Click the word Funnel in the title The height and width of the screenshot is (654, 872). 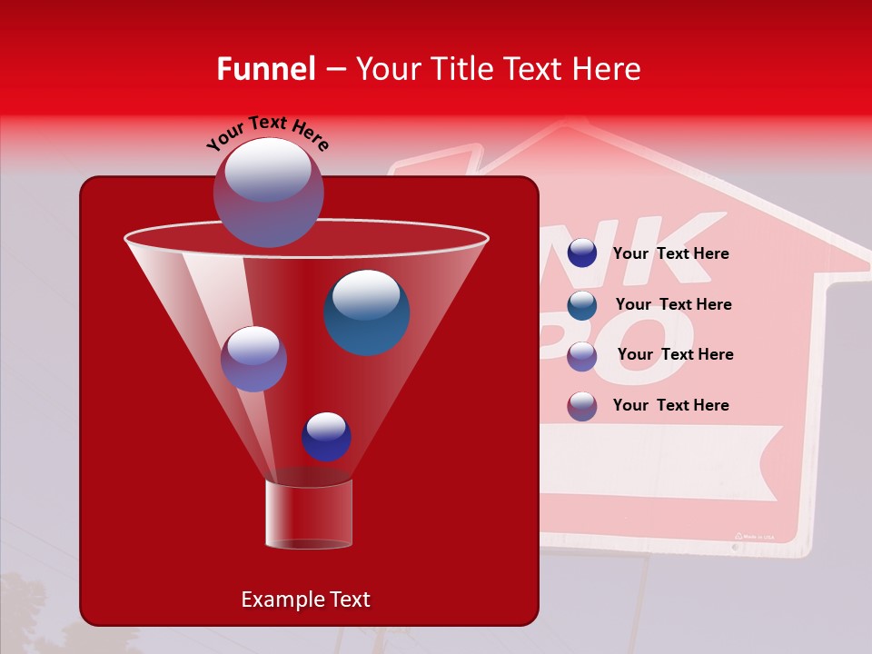(266, 69)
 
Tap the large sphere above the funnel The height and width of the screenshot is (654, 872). (268, 192)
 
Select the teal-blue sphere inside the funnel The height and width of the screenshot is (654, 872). (366, 312)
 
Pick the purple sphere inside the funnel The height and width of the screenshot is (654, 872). (253, 359)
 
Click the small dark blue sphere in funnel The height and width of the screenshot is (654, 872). (326, 436)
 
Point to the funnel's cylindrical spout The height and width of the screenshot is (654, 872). (308, 514)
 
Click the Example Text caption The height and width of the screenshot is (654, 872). (305, 599)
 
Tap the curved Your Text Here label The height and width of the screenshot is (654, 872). (267, 133)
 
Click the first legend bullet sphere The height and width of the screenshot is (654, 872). (582, 253)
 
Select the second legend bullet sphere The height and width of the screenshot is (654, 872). (582, 304)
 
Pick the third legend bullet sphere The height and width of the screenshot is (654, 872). (582, 355)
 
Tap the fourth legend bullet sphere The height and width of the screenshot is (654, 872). (582, 406)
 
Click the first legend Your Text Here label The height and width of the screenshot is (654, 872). (670, 254)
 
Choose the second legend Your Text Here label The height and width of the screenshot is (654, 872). (673, 304)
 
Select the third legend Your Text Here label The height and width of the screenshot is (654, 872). (675, 354)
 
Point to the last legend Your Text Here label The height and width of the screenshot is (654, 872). (670, 405)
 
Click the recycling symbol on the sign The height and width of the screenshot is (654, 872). (738, 536)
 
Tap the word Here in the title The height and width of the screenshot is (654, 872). (609, 69)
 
